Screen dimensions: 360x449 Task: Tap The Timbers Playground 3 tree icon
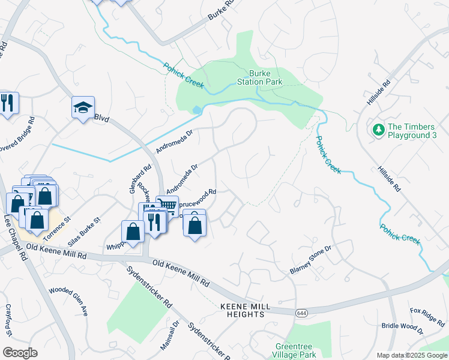coord(378,130)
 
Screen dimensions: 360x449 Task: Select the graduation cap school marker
coord(83,108)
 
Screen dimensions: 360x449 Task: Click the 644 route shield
coord(301,313)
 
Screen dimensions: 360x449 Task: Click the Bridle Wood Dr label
coord(402,328)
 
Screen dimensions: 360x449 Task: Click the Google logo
coord(20,353)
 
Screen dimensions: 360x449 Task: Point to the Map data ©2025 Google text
coord(411,355)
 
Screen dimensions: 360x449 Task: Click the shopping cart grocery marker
coord(167,206)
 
